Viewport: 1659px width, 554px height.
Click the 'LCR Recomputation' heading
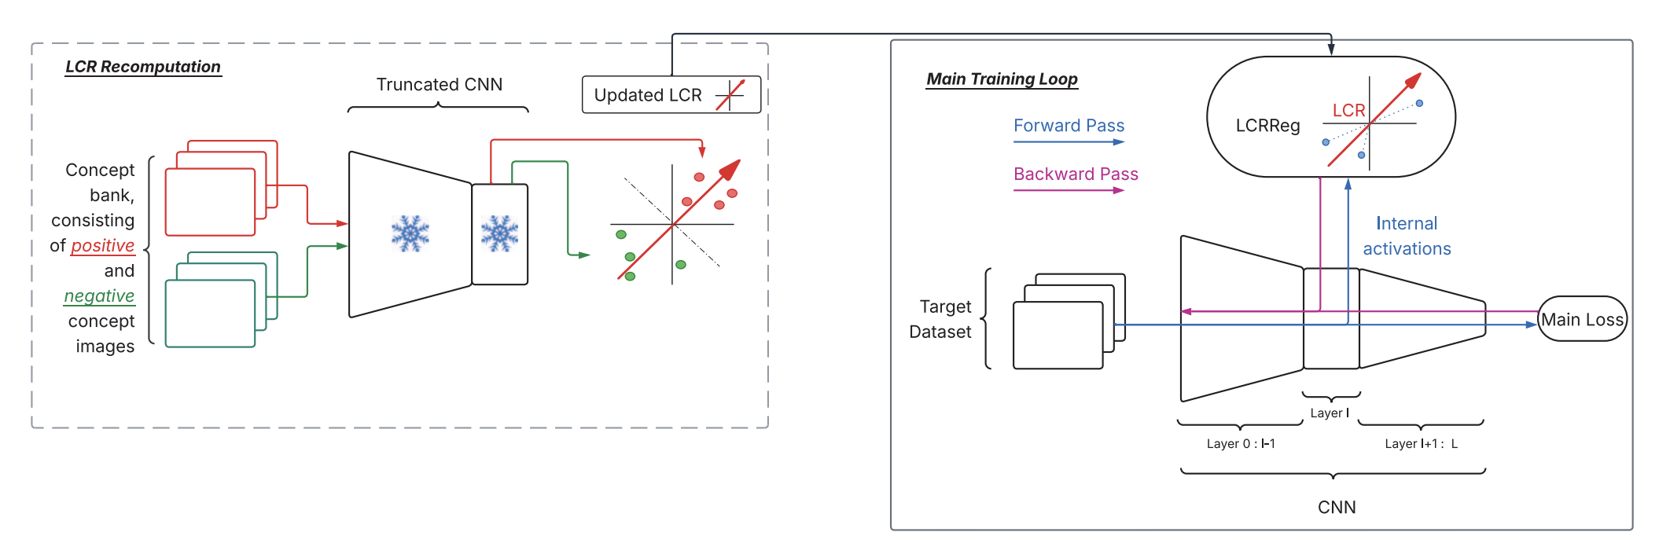[142, 67]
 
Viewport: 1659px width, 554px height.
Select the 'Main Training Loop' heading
[1002, 79]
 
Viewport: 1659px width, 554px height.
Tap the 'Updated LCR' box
[671, 95]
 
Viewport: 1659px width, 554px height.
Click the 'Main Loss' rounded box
[1581, 319]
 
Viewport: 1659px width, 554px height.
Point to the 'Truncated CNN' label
[439, 84]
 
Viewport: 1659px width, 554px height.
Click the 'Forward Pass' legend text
[1069, 126]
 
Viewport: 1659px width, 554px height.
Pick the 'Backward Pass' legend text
[1076, 174]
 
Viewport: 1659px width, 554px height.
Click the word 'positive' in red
[102, 246]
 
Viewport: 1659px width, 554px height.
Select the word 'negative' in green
[99, 296]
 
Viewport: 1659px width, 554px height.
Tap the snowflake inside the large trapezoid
[410, 233]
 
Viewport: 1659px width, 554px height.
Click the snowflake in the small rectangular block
[499, 233]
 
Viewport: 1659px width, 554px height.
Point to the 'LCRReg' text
[1267, 126]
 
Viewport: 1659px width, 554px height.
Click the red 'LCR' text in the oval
[1348, 111]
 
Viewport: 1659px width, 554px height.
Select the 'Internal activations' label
[1407, 236]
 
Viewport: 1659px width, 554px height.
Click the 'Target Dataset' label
[941, 319]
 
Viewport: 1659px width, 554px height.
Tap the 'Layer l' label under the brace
[1330, 413]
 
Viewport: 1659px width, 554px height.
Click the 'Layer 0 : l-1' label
[1241, 444]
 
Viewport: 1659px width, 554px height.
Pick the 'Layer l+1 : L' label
[1421, 444]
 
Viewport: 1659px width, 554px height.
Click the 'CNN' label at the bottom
[1337, 508]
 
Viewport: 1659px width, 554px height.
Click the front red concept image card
[210, 202]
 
